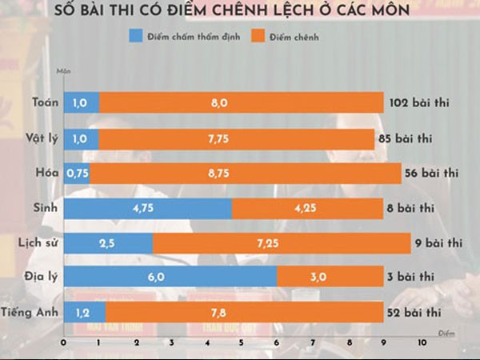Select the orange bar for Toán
click(x=241, y=102)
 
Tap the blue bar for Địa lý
click(x=170, y=276)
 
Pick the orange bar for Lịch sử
click(x=281, y=242)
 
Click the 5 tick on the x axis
click(x=242, y=342)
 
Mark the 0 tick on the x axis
click(x=63, y=342)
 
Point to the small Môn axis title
click(x=62, y=72)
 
